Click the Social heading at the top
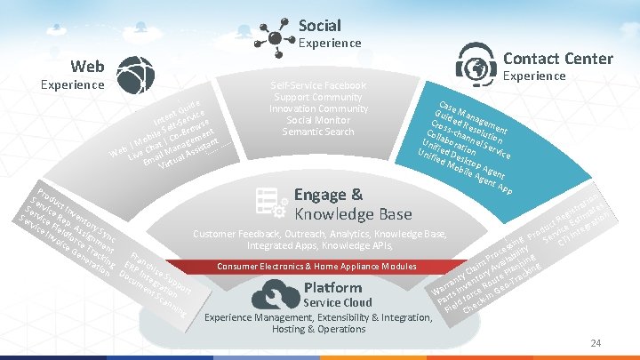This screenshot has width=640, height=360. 319,25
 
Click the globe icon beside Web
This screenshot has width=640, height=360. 135,74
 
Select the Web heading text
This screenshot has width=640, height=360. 88,66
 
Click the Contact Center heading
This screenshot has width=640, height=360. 557,59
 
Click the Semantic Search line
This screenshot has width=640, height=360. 317,132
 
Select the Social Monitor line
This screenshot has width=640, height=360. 317,120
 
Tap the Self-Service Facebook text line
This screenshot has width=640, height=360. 317,85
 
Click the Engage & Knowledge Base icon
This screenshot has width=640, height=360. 268,203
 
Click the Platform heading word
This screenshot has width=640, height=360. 332,287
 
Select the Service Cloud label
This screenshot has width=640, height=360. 338,302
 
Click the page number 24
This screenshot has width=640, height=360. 596,343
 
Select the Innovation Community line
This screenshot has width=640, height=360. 317,108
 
